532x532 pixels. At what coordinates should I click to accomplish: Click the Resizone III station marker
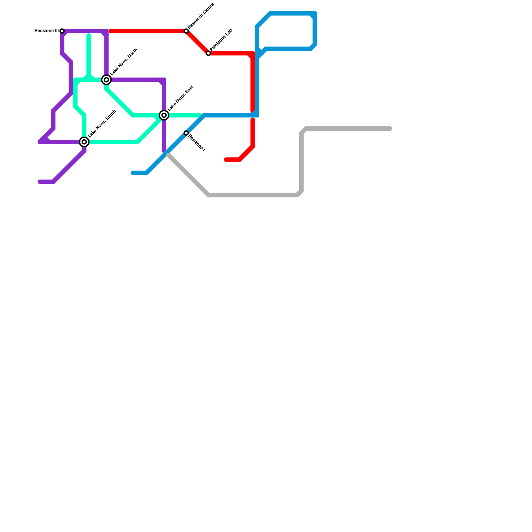coord(62,31)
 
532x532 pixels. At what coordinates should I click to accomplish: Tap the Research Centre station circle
coord(186,31)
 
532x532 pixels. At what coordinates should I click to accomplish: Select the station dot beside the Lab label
coord(208,53)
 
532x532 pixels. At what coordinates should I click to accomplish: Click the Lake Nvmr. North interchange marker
coord(106,80)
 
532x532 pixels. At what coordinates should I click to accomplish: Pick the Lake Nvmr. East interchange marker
coord(164,115)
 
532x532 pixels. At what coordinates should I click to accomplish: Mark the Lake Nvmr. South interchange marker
coord(84,142)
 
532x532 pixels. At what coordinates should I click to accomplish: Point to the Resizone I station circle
coord(186,133)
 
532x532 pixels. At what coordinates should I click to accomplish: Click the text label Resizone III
coord(47,31)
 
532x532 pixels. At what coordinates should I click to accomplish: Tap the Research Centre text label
coord(200,16)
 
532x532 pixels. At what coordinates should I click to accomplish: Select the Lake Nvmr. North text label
coord(124,62)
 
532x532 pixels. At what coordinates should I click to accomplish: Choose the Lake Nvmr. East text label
coord(181,98)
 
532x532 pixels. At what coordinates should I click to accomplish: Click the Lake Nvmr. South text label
coord(102,124)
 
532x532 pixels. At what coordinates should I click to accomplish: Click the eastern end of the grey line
coord(391,129)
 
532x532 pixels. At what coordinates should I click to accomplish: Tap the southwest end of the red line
coord(226,160)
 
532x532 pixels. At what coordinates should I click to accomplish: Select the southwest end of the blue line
coord(133,173)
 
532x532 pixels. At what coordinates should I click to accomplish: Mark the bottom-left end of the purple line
coord(40,182)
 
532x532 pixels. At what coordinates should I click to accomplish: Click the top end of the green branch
coord(89,35)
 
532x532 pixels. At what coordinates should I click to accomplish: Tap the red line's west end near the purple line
coord(111,31)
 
